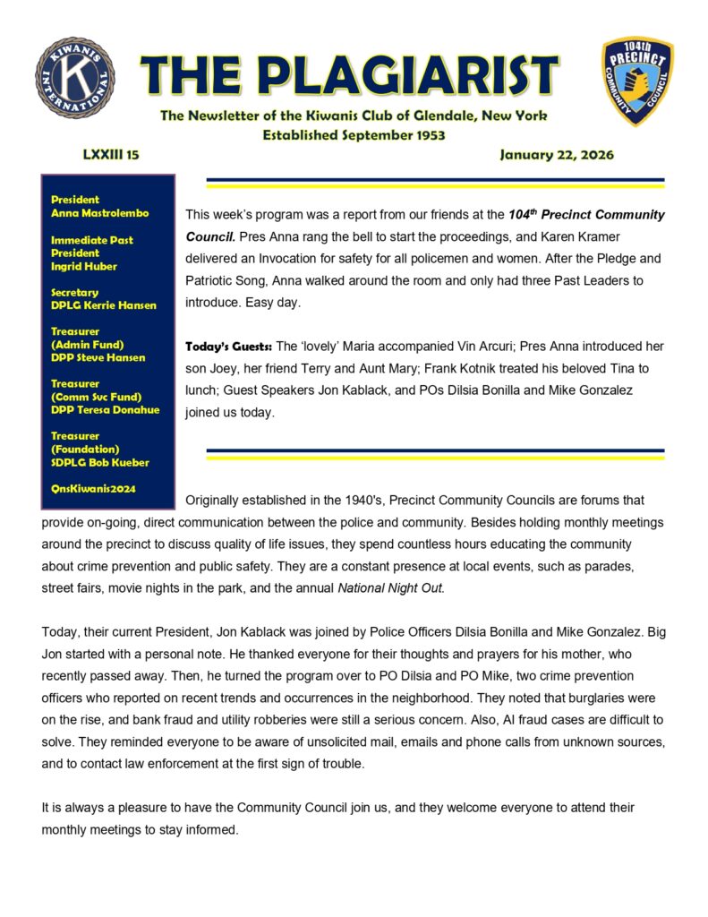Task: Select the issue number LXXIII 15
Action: [111, 155]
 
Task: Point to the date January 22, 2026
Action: [557, 155]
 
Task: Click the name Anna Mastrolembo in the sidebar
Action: [99, 213]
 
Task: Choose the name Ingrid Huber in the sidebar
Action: [85, 266]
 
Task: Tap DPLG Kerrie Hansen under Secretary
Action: [104, 305]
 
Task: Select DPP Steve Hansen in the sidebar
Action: [98, 357]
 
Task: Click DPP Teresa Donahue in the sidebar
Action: [105, 409]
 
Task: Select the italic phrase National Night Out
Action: [390, 587]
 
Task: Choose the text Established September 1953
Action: [354, 135]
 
